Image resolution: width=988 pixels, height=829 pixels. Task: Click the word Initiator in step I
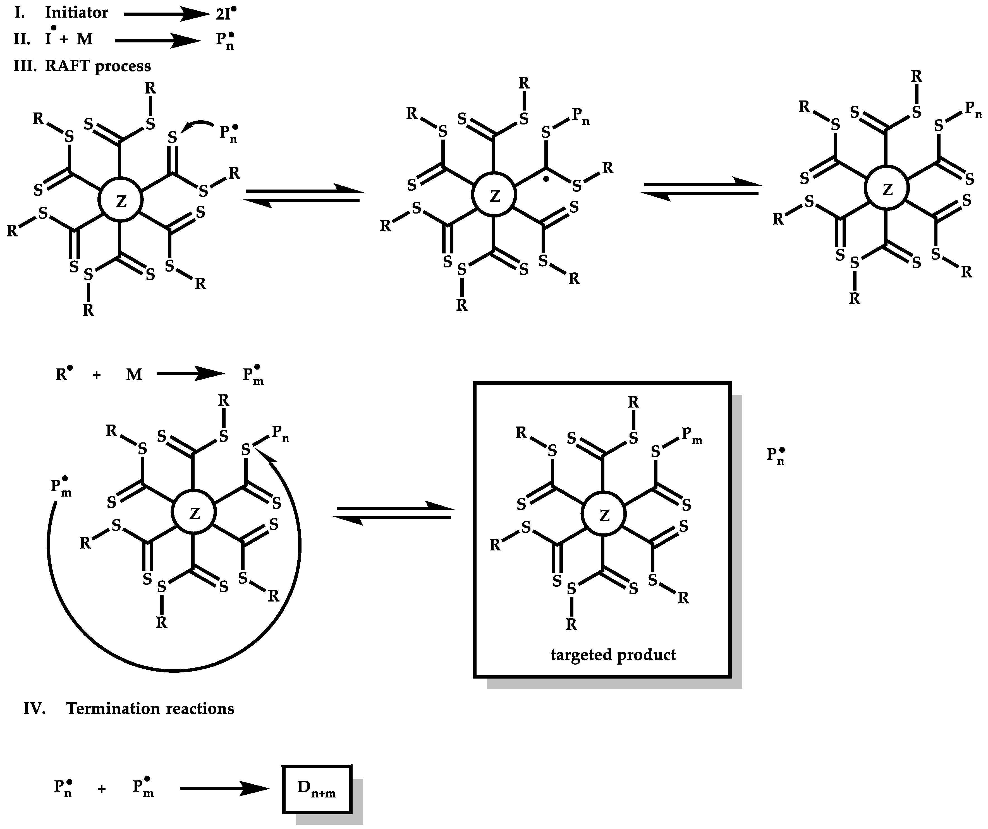pos(76,13)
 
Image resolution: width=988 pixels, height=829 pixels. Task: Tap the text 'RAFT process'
pos(98,66)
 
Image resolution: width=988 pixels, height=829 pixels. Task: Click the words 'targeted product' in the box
pos(613,655)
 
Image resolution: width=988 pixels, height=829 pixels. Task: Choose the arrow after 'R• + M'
pos(191,374)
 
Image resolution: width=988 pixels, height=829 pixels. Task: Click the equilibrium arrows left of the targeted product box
pos(394,513)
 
